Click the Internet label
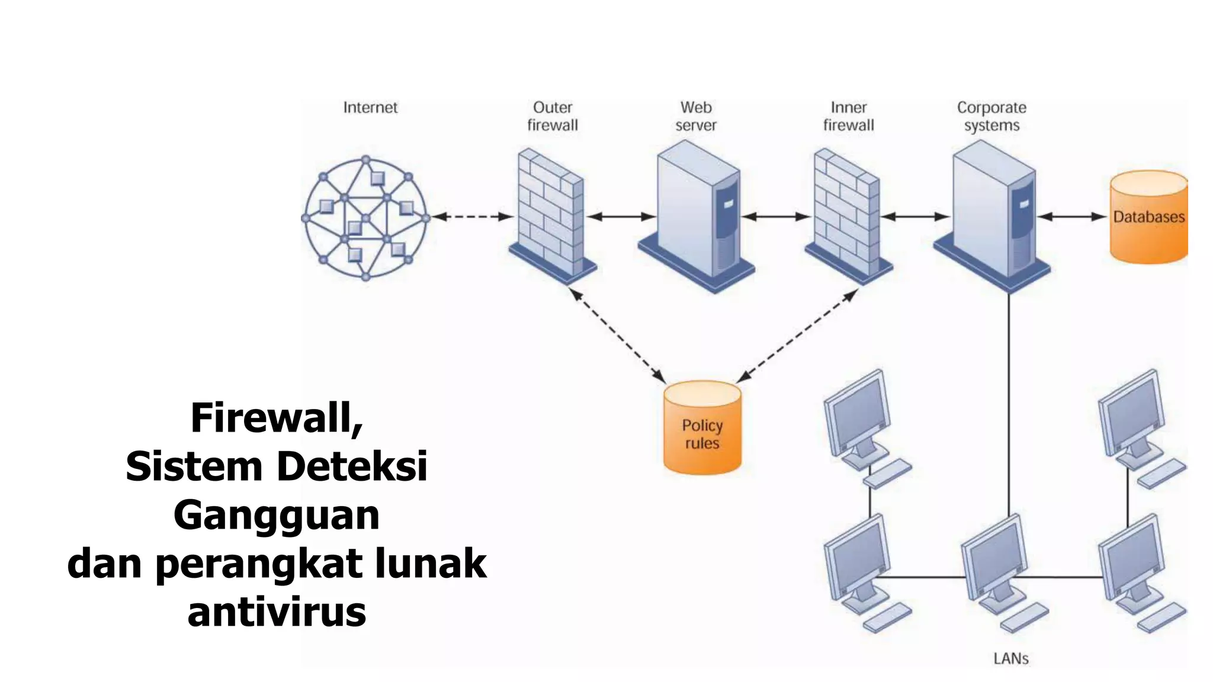coord(370,108)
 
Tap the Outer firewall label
coord(552,116)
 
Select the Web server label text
coord(695,116)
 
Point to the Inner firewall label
coord(848,116)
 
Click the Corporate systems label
coord(991,116)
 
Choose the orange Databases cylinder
coord(1148,217)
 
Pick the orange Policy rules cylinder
coord(702,428)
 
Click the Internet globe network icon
coord(365,218)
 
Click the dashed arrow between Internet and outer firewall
coord(472,217)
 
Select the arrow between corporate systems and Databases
coord(1073,217)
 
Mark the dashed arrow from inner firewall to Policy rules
coord(797,336)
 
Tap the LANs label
coord(1010,658)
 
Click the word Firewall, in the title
coord(276,418)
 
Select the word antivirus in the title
coord(276,612)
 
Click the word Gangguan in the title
coord(276,515)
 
